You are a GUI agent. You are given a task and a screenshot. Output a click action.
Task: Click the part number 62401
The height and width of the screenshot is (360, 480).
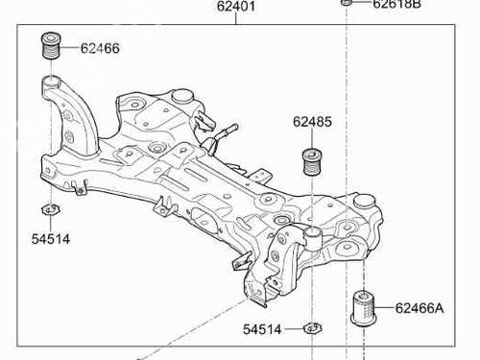(x=236, y=7)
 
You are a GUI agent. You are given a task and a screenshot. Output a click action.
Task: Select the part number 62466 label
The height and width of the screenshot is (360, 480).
(x=100, y=48)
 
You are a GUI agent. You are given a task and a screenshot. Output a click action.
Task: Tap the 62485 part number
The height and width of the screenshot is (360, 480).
(x=312, y=122)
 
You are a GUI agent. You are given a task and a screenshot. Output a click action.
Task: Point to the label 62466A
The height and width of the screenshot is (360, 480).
(x=420, y=308)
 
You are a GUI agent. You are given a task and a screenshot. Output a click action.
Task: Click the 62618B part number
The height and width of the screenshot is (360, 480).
(x=396, y=4)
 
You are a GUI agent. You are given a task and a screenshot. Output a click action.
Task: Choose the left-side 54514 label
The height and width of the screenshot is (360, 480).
(x=51, y=239)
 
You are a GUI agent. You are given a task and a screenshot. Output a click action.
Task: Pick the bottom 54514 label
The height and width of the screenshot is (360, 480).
(x=262, y=329)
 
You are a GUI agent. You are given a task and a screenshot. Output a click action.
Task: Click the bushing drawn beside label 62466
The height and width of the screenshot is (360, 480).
(x=51, y=45)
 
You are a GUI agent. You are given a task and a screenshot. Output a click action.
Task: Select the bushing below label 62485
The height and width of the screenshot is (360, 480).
(x=312, y=162)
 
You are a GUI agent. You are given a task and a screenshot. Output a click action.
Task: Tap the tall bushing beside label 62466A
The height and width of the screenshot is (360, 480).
(x=364, y=308)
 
